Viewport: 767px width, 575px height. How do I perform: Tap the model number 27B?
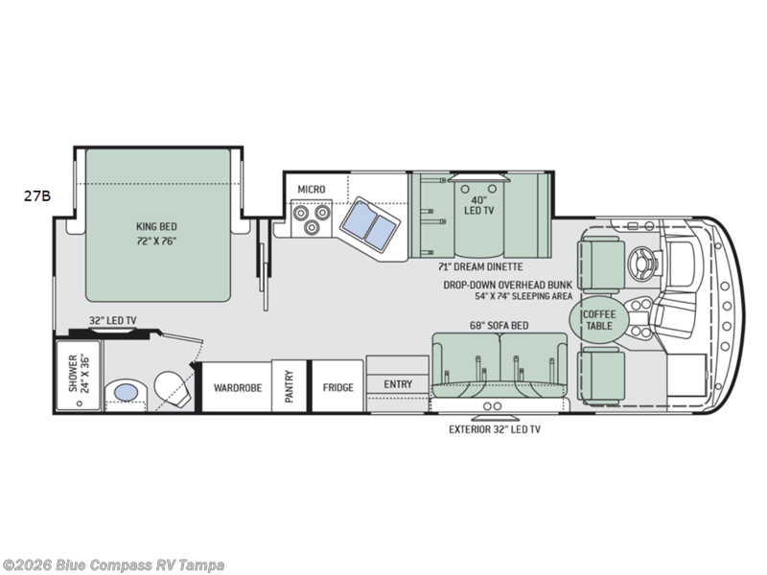click(37, 195)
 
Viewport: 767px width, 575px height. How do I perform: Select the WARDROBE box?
click(236, 387)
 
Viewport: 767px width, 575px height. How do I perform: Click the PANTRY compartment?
click(289, 386)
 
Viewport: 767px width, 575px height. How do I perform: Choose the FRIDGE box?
click(337, 387)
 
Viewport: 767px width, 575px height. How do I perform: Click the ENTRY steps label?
click(397, 384)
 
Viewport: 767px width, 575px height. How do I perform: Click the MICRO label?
click(311, 189)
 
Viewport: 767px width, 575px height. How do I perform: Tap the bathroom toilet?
click(170, 389)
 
